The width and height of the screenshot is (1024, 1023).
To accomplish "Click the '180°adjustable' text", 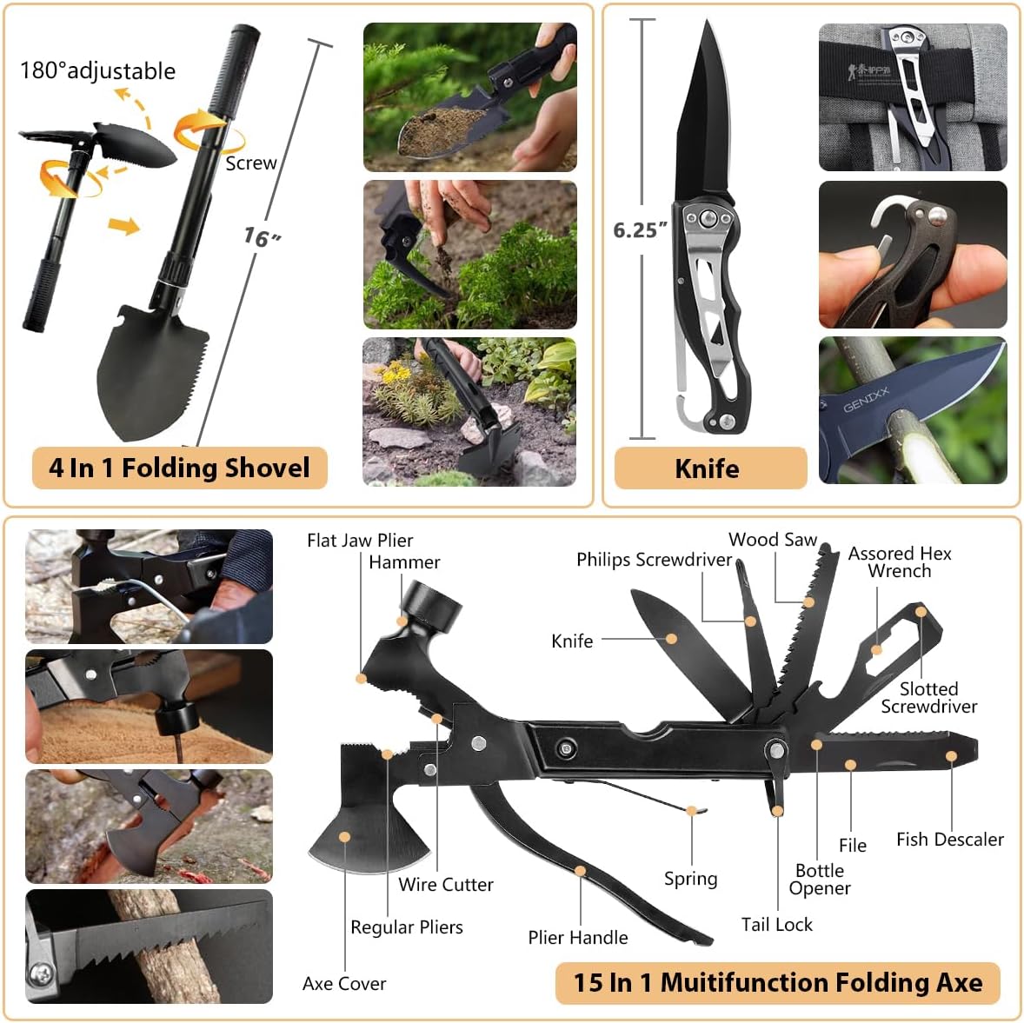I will pyautogui.click(x=97, y=70).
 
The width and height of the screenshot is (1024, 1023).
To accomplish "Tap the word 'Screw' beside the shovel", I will pyautogui.click(x=250, y=163).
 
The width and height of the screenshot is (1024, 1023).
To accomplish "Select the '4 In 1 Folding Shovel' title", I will pyautogui.click(x=179, y=468).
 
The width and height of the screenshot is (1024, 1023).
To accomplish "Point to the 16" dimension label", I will pyautogui.click(x=261, y=236).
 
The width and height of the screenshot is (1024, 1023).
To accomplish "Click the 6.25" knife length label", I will pyautogui.click(x=640, y=229).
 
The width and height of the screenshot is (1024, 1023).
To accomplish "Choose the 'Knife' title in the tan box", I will pyautogui.click(x=707, y=468).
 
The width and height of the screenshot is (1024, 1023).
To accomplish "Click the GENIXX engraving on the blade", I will pyautogui.click(x=867, y=400).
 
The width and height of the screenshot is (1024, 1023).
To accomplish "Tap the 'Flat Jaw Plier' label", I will pyautogui.click(x=360, y=540).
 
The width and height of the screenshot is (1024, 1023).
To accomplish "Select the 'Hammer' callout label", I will pyautogui.click(x=404, y=562).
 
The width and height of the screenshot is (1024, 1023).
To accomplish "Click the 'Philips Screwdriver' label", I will pyautogui.click(x=654, y=559).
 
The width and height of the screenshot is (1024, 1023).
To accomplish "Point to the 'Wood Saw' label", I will pyautogui.click(x=773, y=539).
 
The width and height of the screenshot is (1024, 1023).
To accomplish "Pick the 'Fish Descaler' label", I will pyautogui.click(x=949, y=839).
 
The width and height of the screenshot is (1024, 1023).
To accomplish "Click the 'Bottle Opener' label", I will pyautogui.click(x=820, y=879).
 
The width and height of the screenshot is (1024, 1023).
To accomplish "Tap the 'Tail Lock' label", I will pyautogui.click(x=776, y=924).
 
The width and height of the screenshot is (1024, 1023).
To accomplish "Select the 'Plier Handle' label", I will pyautogui.click(x=577, y=937).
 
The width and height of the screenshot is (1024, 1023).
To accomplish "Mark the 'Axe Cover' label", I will pyautogui.click(x=344, y=983).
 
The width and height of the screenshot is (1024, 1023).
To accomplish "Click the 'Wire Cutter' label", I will pyautogui.click(x=446, y=884).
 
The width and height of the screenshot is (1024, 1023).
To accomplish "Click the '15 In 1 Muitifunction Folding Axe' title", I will pyautogui.click(x=778, y=982).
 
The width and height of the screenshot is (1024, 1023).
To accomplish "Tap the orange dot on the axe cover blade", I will pyautogui.click(x=345, y=837).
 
